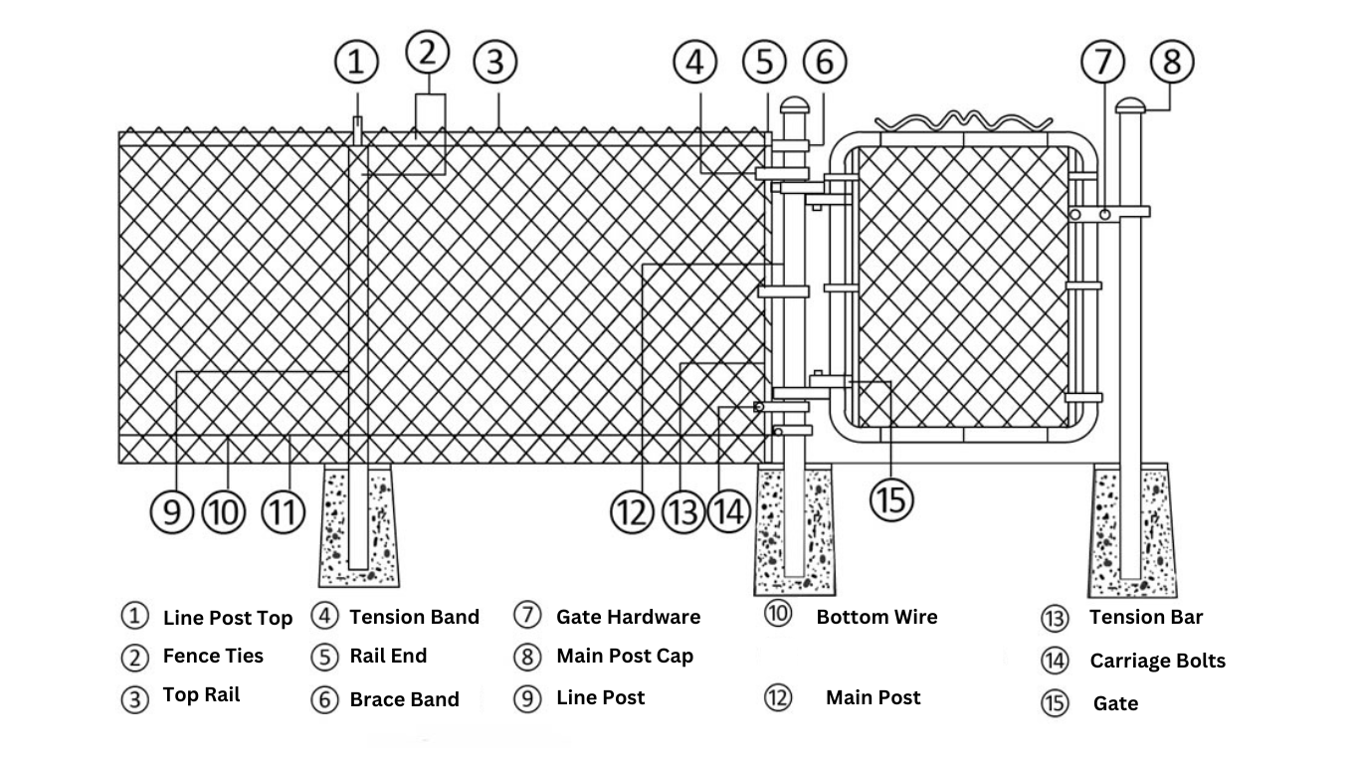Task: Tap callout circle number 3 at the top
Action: click(x=494, y=63)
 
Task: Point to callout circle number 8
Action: click(x=1172, y=62)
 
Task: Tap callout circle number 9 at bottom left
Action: click(x=172, y=512)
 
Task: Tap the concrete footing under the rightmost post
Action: click(x=1132, y=527)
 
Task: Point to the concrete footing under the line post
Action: click(x=358, y=527)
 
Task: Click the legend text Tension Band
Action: click(x=414, y=618)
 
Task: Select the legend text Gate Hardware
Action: click(x=628, y=618)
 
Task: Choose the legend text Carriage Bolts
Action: click(x=1157, y=662)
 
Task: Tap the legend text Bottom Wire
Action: click(x=876, y=618)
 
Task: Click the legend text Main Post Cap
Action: click(x=624, y=657)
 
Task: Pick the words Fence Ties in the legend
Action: click(x=213, y=657)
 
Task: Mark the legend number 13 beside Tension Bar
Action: click(x=1055, y=619)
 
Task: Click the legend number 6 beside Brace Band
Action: click(x=324, y=699)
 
